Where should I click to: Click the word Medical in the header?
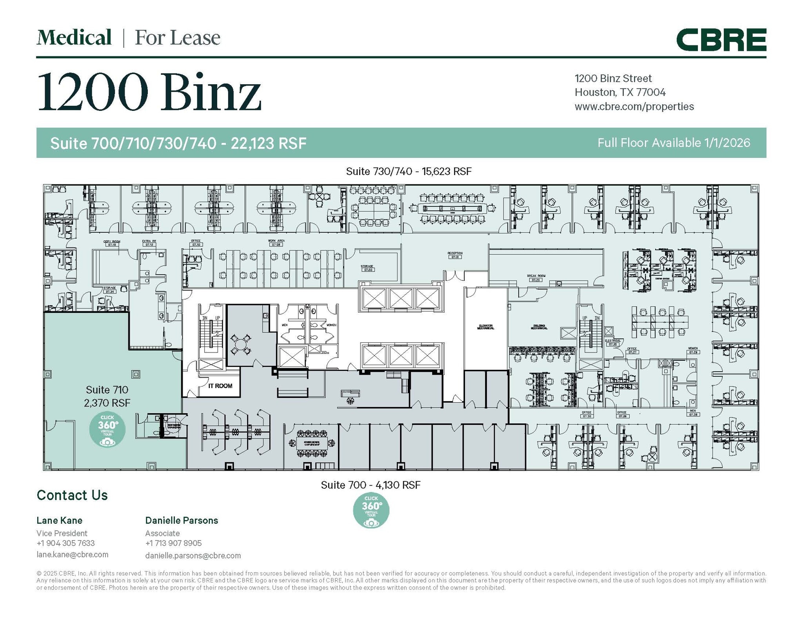(x=74, y=38)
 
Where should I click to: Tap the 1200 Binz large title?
(x=149, y=92)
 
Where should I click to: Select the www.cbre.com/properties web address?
(x=634, y=107)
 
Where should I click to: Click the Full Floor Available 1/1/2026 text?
(x=673, y=143)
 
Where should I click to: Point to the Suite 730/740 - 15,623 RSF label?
(x=409, y=171)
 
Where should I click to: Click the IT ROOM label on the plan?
(x=220, y=386)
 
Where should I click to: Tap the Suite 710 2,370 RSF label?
(x=107, y=396)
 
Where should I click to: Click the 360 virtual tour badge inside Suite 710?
(x=107, y=430)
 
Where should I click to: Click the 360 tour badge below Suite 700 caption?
(x=371, y=510)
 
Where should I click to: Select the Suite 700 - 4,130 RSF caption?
(x=371, y=485)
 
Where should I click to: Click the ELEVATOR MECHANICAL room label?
(x=485, y=327)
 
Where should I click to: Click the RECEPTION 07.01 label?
(x=455, y=255)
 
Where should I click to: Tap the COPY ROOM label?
(x=112, y=243)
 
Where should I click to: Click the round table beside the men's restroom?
(x=240, y=345)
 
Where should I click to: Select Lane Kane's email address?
(x=72, y=554)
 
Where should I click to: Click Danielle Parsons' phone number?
(x=173, y=543)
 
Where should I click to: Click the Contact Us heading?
(x=72, y=495)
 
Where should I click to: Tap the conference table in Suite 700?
(x=312, y=443)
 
